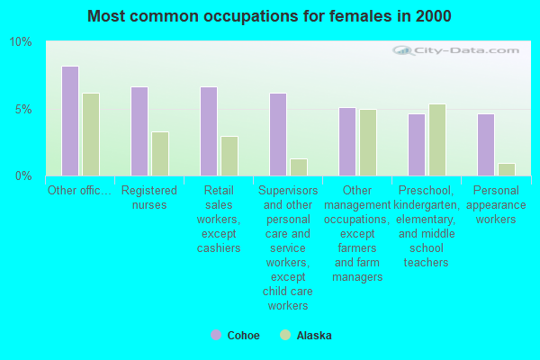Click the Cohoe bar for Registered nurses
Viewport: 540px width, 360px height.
[139, 131]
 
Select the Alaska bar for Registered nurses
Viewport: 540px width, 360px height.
[160, 154]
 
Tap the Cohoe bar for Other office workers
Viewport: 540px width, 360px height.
[70, 121]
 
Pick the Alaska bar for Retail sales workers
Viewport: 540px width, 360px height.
[229, 157]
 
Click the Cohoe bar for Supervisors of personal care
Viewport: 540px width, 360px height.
[278, 135]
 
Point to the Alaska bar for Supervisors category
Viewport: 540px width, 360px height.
[299, 167]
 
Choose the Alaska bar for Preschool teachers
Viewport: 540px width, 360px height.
[437, 140]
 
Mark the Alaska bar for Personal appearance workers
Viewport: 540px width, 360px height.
[507, 169]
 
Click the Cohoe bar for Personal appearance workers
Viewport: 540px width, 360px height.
[486, 145]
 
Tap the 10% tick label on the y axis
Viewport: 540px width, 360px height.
[21, 42]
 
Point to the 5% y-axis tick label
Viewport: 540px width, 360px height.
[23, 109]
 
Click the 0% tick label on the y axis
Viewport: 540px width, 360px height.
[23, 175]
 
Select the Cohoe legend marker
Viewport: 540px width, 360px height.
[216, 335]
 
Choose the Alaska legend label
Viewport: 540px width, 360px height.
[314, 336]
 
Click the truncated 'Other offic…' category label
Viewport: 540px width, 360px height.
[80, 191]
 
